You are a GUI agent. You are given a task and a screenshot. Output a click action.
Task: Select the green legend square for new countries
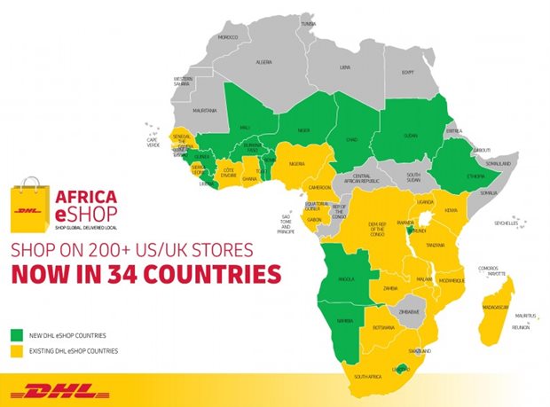[x=17, y=335]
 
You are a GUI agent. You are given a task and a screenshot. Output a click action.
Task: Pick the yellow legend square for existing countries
[x=17, y=352]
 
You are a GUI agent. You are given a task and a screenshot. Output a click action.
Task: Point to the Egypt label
[x=408, y=72]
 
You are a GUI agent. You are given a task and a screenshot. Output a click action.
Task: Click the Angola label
[x=346, y=279]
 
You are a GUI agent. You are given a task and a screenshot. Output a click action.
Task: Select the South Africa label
[x=373, y=377]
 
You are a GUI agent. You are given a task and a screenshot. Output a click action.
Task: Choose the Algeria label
[x=264, y=64]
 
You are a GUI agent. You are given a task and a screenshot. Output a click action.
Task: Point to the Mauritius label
[x=526, y=317]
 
